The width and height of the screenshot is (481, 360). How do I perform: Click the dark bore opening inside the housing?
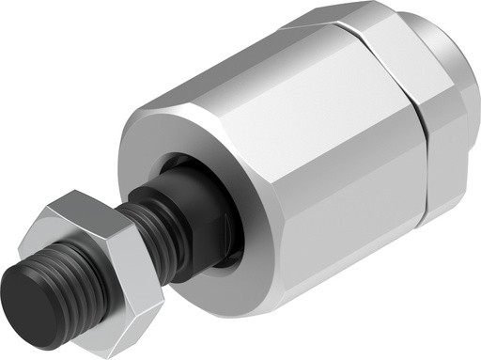click(230, 235)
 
